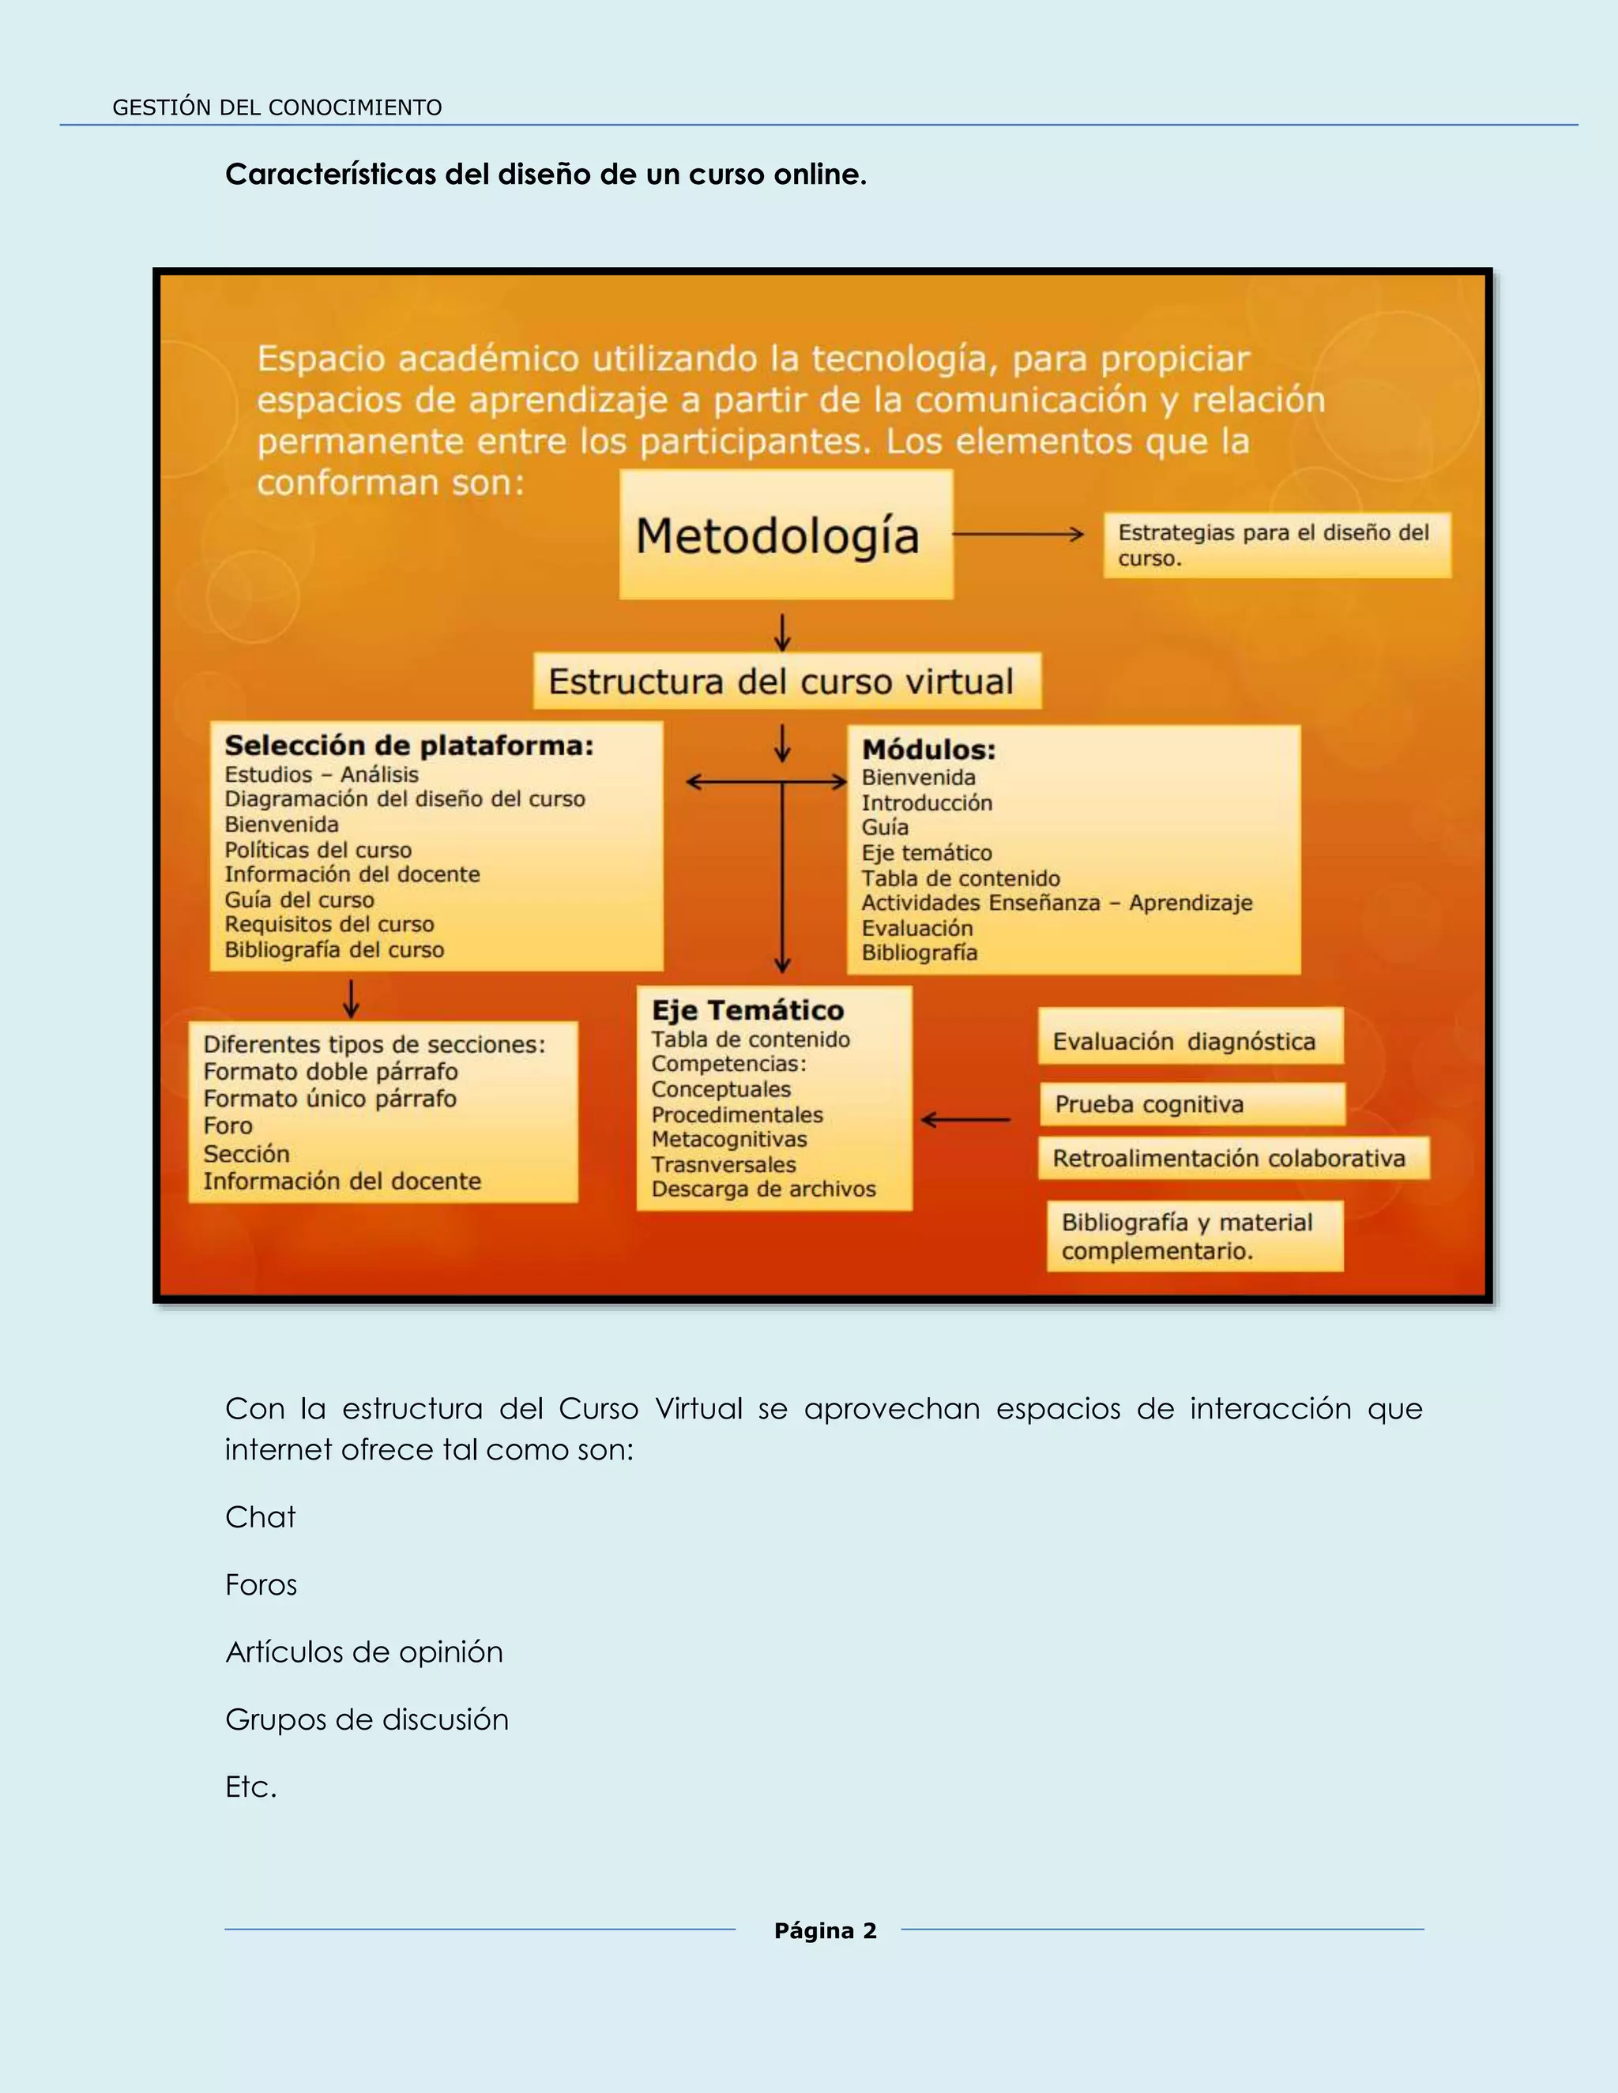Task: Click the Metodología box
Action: [785, 535]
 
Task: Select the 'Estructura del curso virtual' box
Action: [786, 682]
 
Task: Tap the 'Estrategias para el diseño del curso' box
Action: [1276, 545]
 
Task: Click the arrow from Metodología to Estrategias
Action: [1018, 535]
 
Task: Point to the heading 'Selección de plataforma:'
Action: [409, 746]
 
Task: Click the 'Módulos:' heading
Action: [928, 750]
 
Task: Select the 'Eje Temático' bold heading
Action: [747, 1010]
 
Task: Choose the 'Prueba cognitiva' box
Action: [1191, 1104]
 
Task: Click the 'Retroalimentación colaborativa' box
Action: [1232, 1158]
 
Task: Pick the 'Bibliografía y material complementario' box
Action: [1194, 1235]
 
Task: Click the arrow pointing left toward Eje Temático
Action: [965, 1118]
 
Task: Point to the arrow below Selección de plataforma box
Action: [352, 998]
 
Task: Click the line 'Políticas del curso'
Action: [318, 850]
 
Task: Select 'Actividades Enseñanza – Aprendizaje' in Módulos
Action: [1056, 903]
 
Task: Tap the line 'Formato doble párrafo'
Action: [331, 1072]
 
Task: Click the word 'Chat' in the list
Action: [261, 1517]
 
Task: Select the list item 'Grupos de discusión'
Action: [367, 1719]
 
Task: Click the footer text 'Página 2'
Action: [826, 1930]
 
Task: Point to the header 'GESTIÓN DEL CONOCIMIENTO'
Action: [277, 107]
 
